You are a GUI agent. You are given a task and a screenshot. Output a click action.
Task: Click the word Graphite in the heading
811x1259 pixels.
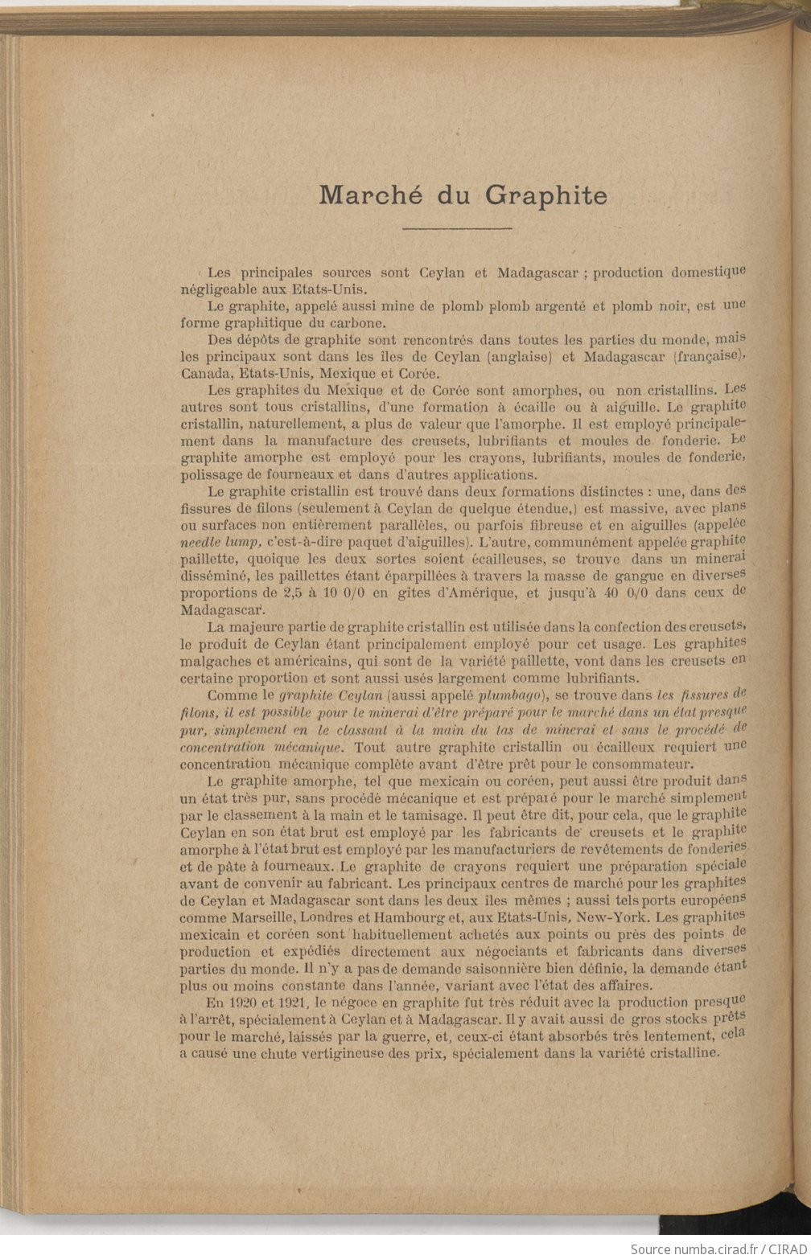pos(547,195)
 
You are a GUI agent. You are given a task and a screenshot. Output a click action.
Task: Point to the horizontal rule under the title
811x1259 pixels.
pos(457,229)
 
